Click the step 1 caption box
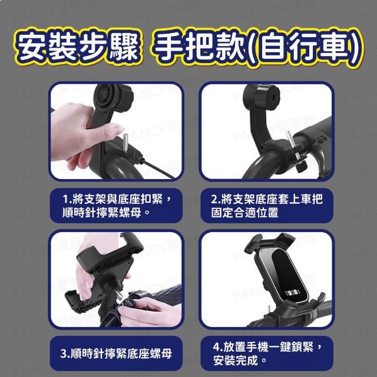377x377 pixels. coord(116,206)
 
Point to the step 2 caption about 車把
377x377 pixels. coord(267,206)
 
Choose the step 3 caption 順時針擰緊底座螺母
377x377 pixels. coord(116,353)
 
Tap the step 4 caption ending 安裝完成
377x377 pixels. coord(267,353)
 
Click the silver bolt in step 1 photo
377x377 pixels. coord(125,143)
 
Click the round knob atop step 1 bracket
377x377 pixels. coord(114,96)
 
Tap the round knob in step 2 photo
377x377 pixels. coord(262,97)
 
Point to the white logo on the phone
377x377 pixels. coord(293,293)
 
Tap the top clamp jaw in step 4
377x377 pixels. coord(270,242)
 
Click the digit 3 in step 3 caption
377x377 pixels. coord(63,354)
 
